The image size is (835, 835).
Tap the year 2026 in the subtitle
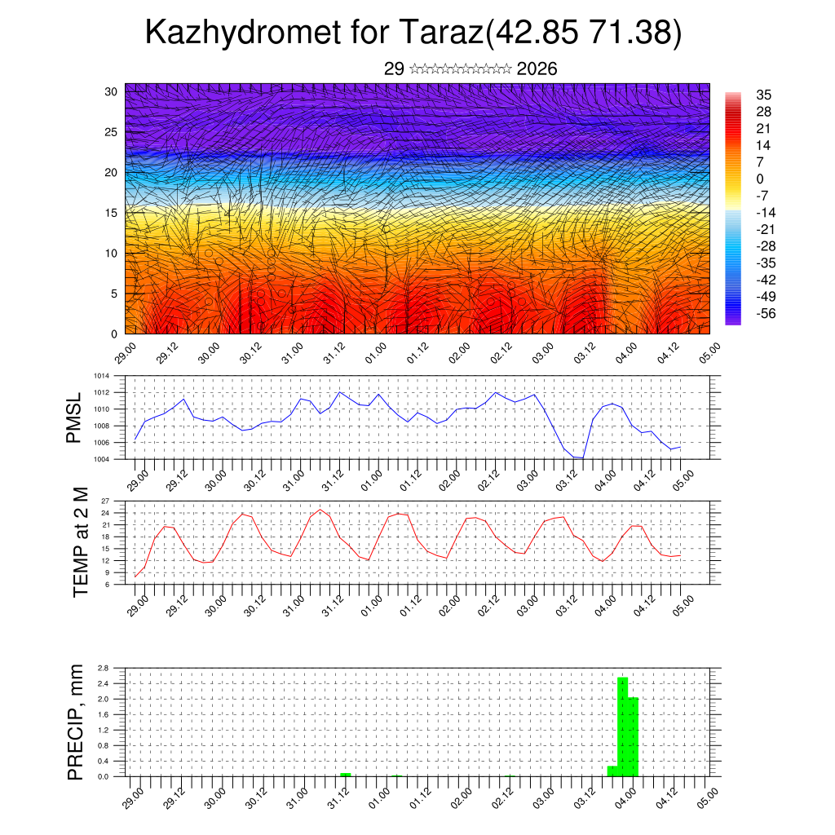(537, 69)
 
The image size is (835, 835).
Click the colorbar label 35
(764, 95)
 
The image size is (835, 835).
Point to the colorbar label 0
(760, 179)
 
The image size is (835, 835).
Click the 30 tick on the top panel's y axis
(111, 91)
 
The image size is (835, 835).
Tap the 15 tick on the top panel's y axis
(111, 213)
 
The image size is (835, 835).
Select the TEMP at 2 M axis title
(80, 542)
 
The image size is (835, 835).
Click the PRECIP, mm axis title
(76, 722)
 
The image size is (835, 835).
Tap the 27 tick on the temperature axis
(105, 501)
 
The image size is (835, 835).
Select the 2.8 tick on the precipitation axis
(104, 668)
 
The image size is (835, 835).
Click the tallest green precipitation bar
(622, 726)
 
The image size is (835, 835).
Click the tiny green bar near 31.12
(346, 774)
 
